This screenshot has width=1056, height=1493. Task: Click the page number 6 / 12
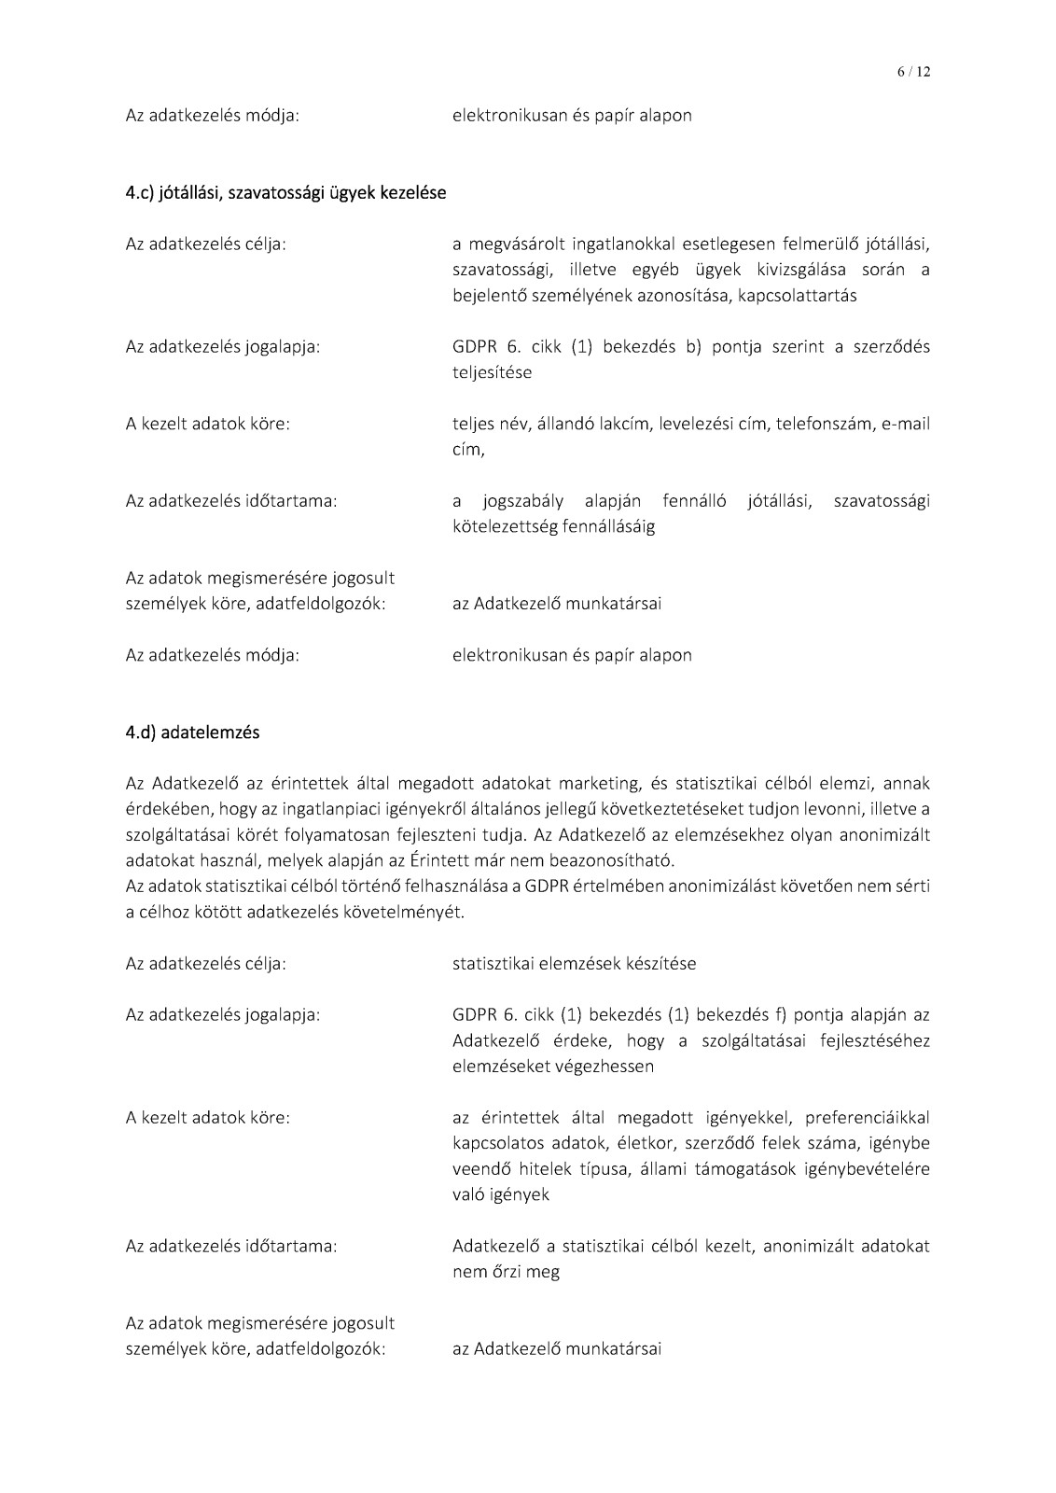point(913,72)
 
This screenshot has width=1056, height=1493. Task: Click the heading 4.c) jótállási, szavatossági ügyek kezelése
point(285,193)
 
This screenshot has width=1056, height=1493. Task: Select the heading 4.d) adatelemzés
point(192,733)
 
